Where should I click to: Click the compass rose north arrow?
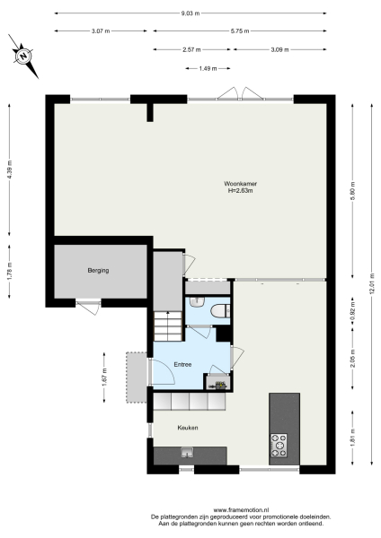point(24,56)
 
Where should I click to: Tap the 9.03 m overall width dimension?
point(191,13)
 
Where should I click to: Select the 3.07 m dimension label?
point(101,31)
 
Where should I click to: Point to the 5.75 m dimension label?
point(239,31)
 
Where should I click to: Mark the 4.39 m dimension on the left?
point(10,169)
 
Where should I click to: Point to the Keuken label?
point(187,427)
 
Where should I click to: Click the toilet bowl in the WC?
point(221,310)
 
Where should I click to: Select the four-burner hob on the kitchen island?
point(279,441)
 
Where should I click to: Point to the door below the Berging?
point(88,308)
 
